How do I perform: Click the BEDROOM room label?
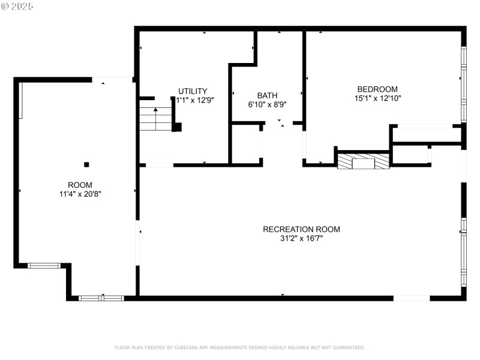point(377,89)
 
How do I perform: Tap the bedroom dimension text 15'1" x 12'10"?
point(377,98)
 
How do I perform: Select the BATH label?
point(267,95)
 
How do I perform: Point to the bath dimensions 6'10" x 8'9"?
point(267,104)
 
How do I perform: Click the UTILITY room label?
point(193,91)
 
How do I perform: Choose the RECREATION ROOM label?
point(301,229)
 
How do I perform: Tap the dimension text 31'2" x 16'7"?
point(301,238)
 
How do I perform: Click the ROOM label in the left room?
point(80,185)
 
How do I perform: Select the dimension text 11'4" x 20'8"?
point(80,194)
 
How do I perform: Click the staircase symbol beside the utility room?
point(156,118)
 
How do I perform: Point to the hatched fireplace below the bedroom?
point(363,161)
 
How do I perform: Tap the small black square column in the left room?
point(87,164)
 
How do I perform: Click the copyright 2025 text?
point(17,6)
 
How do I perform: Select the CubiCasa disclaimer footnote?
point(239,347)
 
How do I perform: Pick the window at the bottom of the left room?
point(101,298)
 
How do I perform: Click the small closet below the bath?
point(246,144)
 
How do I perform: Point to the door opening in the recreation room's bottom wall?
point(412,298)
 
